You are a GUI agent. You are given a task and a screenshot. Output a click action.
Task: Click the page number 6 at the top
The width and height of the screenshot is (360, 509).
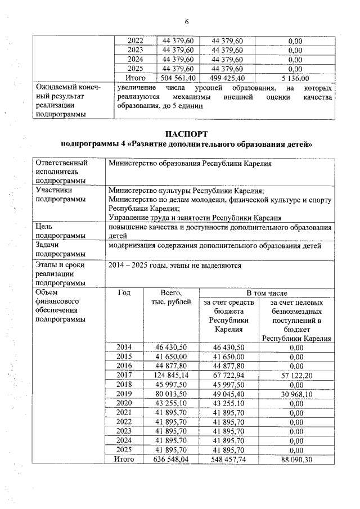pos(186,22)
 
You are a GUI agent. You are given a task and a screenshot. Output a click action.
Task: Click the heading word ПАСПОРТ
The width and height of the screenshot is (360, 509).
pos(186,134)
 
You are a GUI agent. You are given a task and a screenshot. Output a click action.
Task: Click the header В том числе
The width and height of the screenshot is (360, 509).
pos(267,293)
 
